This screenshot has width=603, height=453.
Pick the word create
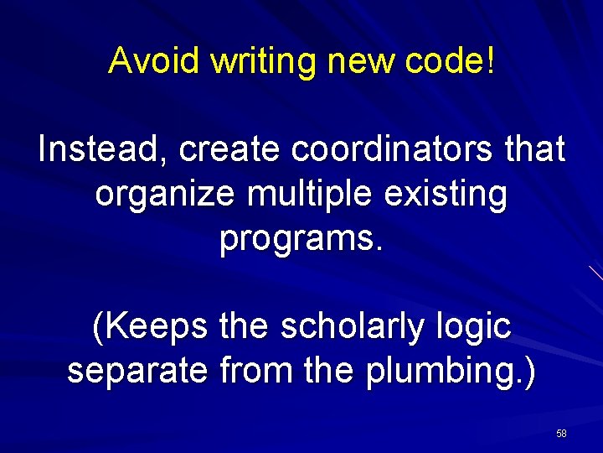[230, 149]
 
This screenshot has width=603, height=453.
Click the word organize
[166, 195]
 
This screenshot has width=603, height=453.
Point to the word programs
[301, 241]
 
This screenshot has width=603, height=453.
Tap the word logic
[473, 326]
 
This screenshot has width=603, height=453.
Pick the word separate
[137, 371]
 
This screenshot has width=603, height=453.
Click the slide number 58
[561, 433]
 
